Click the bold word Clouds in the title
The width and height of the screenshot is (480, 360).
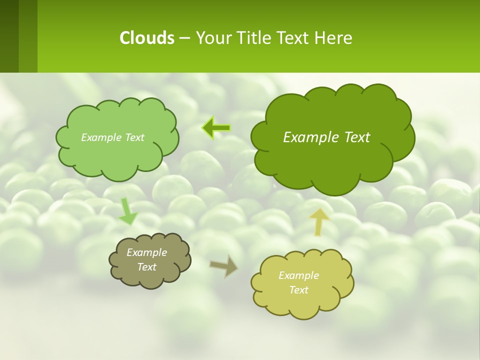147,38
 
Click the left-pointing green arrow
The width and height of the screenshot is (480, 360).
216,127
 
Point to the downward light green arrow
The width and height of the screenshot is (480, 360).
128,211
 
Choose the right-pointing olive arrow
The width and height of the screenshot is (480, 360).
223,266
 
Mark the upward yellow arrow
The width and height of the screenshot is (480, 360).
319,221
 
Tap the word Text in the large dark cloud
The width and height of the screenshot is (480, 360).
357,137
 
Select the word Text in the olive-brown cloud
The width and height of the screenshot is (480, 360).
147,267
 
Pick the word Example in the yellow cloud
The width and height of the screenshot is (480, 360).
298,275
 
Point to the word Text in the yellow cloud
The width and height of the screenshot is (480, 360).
298,290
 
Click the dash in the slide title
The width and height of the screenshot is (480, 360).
184,38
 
